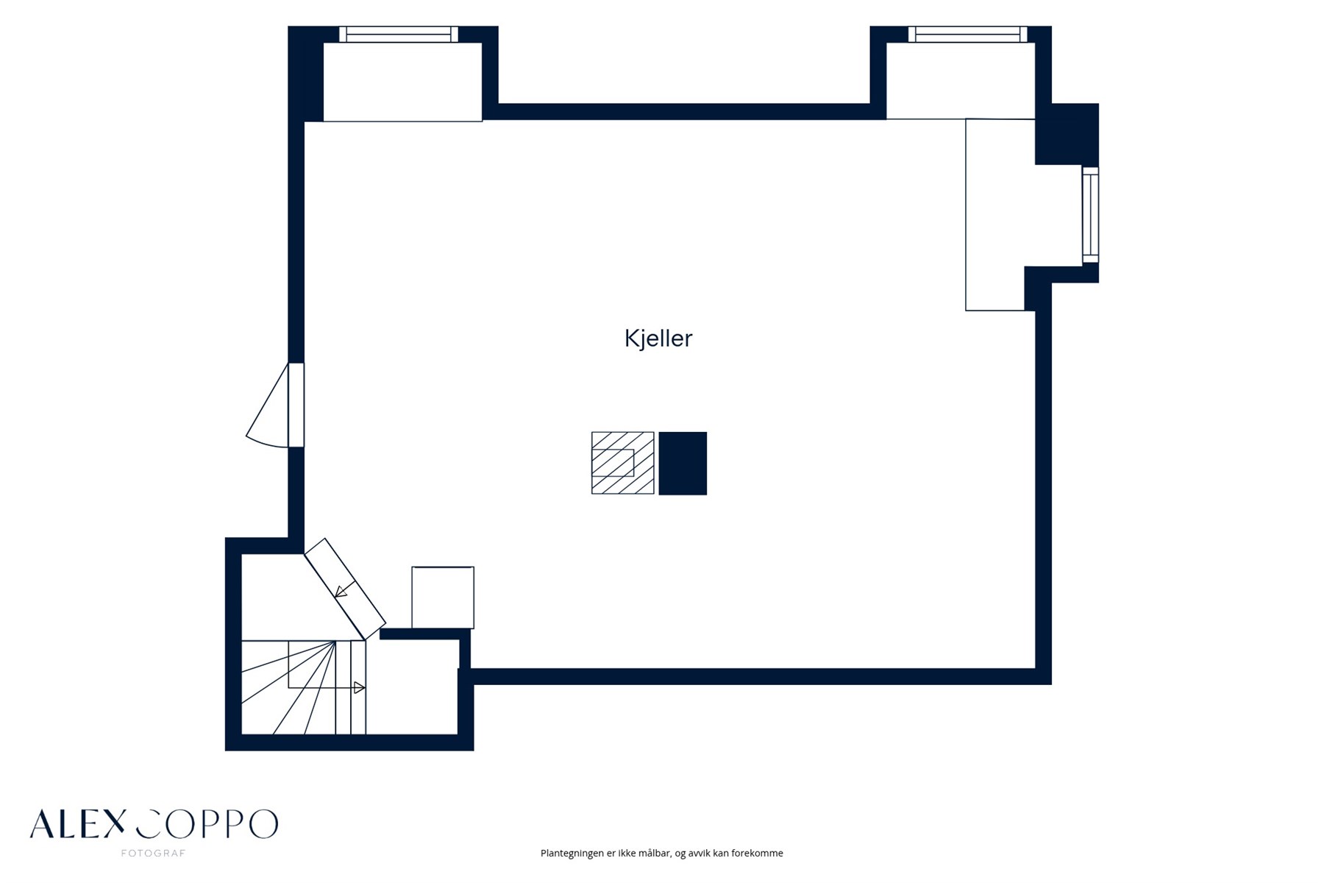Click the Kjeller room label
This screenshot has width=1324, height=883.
pos(658,338)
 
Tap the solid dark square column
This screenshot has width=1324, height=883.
pos(683,464)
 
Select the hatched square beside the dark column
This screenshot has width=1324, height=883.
pos(622,463)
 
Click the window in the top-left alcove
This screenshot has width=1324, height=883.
pos(399,35)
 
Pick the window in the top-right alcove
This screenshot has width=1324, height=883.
pos(967,35)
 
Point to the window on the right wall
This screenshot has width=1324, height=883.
pos(1090,215)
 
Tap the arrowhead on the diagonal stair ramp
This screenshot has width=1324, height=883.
pos(341,591)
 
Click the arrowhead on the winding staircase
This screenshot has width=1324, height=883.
pos(360,688)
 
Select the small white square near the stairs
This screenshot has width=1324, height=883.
pos(443,597)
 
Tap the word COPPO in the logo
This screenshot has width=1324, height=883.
pos(207,824)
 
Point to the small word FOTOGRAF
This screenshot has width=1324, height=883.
pos(153,854)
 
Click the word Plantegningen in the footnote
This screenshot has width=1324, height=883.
pos(572,854)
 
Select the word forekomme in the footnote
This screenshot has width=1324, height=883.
pos(758,854)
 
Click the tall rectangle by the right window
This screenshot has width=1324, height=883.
pos(994,215)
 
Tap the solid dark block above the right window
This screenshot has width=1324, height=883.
pos(1067,134)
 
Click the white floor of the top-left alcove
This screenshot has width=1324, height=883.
pos(402,82)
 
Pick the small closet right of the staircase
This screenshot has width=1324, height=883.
pos(412,686)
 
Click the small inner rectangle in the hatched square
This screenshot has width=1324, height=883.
pos(613,463)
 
